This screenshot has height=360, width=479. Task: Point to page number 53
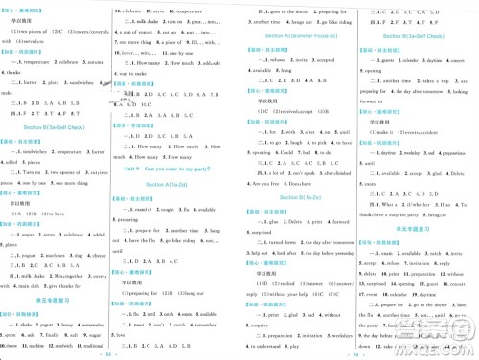120,353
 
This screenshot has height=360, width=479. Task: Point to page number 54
357,353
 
